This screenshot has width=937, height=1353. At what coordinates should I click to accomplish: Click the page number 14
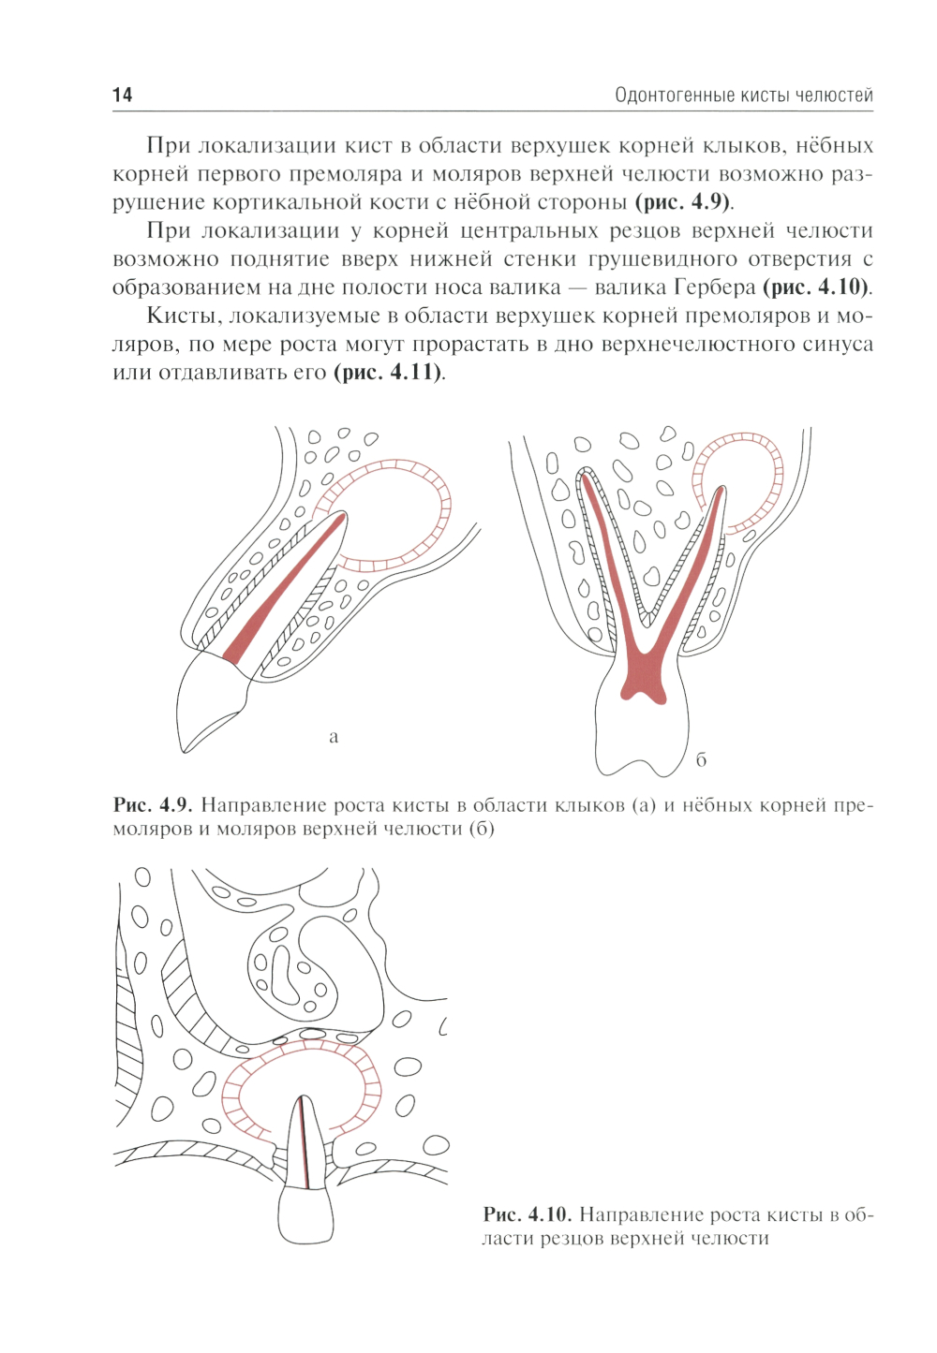click(122, 96)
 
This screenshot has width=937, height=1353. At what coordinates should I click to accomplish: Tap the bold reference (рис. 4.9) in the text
click(682, 201)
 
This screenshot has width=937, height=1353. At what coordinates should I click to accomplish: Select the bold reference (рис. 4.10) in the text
click(814, 287)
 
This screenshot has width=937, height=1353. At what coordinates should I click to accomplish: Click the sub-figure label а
click(333, 737)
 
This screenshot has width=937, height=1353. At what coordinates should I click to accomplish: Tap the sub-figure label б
click(701, 759)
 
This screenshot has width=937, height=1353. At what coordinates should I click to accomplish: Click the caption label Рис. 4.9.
click(153, 805)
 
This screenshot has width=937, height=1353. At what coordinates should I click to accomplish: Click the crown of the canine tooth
click(212, 701)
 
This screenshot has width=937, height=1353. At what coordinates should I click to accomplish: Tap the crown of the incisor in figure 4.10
click(305, 1214)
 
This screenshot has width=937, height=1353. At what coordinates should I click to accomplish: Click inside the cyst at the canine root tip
click(393, 513)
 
